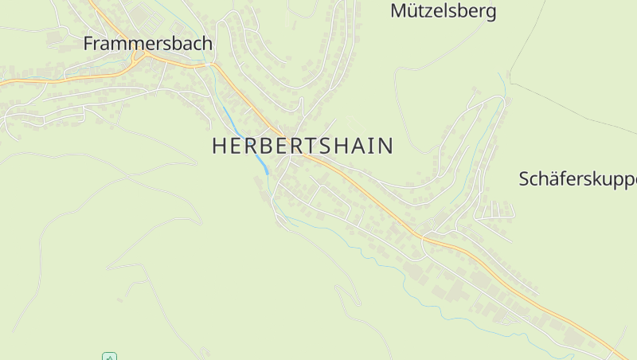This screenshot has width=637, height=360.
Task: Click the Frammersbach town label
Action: coord(147,44)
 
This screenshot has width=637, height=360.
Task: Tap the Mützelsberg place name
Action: coord(444,11)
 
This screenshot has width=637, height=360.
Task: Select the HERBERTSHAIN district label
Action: coord(303,146)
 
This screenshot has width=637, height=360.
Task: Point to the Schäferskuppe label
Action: coord(577,179)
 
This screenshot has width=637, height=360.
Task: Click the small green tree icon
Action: coord(110,356)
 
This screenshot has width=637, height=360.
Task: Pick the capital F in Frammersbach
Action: coord(88,44)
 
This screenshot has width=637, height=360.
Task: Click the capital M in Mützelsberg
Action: coord(397,11)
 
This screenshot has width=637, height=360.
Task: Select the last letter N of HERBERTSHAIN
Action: coord(386,146)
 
